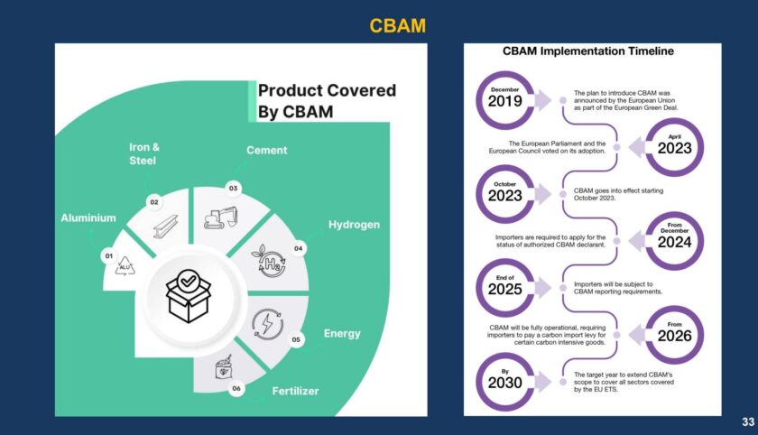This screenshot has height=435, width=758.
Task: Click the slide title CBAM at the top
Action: (397, 26)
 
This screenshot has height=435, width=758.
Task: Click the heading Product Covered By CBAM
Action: (327, 101)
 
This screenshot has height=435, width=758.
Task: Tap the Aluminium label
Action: (88, 217)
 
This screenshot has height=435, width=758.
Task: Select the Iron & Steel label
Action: (142, 154)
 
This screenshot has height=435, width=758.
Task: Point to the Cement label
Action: (267, 151)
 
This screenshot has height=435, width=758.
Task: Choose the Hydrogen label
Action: (354, 225)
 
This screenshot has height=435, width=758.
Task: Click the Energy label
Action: (342, 333)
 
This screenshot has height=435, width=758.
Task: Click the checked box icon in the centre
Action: (189, 295)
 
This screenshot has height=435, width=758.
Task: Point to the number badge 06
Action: (236, 389)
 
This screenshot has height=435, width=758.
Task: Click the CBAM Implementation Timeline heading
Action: (587, 51)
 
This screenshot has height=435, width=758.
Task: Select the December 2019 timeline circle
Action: (505, 99)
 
